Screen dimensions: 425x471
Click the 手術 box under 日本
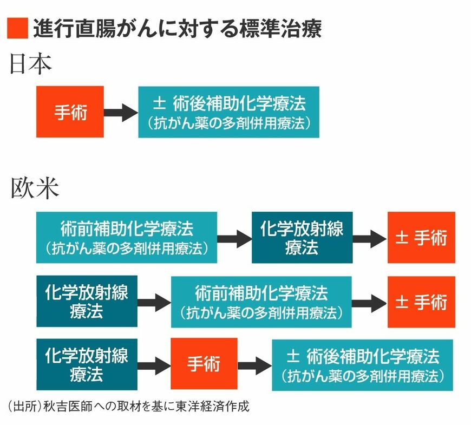(70, 112)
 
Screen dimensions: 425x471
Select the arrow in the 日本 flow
(120, 112)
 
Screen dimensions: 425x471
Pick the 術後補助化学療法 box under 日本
(228, 112)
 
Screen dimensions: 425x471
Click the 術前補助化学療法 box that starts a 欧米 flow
(127, 237)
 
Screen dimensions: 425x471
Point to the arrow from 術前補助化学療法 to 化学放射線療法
(234, 238)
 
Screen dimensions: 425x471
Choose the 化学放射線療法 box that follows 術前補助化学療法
(302, 237)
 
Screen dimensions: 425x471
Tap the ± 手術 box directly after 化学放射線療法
(421, 237)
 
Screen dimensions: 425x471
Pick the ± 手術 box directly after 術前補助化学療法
(421, 301)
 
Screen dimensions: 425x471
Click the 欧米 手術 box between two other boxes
(204, 364)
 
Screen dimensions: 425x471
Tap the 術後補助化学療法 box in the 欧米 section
(362, 364)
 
